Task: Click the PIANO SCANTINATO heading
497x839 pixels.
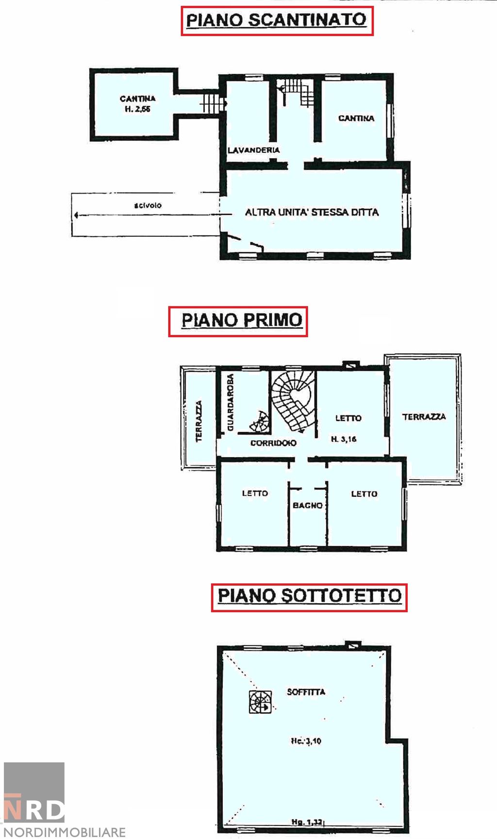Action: (x=277, y=20)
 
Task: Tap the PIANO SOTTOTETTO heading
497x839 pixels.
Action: (x=309, y=597)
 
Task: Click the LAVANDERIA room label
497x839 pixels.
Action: (x=254, y=150)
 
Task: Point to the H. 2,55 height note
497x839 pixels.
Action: (x=138, y=109)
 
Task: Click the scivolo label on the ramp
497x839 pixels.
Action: (x=148, y=205)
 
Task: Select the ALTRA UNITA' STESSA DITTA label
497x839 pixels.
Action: (x=312, y=212)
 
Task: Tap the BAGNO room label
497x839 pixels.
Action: (x=308, y=506)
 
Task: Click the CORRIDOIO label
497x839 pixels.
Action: (x=273, y=443)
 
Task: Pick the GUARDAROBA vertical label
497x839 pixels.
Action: (x=231, y=402)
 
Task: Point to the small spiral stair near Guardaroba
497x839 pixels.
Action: (x=260, y=422)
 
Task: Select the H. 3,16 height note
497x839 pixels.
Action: (x=344, y=439)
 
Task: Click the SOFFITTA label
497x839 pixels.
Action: (x=306, y=692)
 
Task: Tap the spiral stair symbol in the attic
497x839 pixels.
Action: (x=260, y=702)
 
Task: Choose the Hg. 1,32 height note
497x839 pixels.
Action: (x=307, y=822)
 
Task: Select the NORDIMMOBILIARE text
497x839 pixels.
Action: (x=65, y=832)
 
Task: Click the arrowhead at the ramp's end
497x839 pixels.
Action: (x=76, y=215)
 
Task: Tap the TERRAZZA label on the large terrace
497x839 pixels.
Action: (x=424, y=417)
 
